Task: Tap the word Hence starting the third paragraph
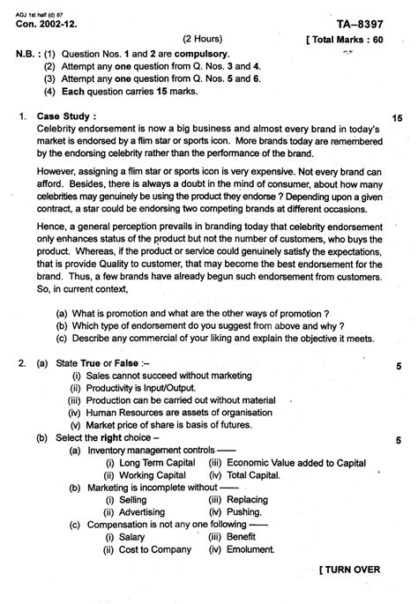click(x=50, y=227)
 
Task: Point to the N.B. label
click(x=26, y=54)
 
